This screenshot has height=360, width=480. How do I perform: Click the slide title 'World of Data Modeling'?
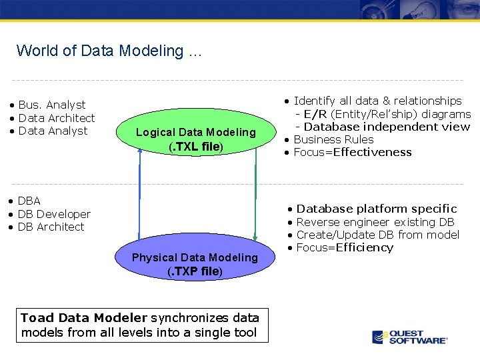coord(108,51)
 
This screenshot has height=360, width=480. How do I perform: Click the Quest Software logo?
coord(409,337)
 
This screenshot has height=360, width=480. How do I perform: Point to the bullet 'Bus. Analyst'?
coord(52,105)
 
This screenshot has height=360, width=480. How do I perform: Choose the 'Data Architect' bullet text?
coord(57,118)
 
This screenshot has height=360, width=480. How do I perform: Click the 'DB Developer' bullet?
coord(54,214)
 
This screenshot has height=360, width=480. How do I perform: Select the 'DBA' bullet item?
coord(29,201)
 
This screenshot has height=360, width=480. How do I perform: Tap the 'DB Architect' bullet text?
coord(51,227)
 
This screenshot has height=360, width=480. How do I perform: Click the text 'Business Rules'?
coord(333,139)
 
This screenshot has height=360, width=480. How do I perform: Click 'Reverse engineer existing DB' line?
coord(375,222)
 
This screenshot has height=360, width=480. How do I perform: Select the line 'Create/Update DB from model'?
coord(377,235)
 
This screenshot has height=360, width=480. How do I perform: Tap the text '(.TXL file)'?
coord(195,147)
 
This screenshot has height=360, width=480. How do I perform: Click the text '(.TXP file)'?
coord(195,271)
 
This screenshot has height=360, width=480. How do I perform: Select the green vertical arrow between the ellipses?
coord(255,193)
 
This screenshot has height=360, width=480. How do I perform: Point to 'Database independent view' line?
coord(387,127)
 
